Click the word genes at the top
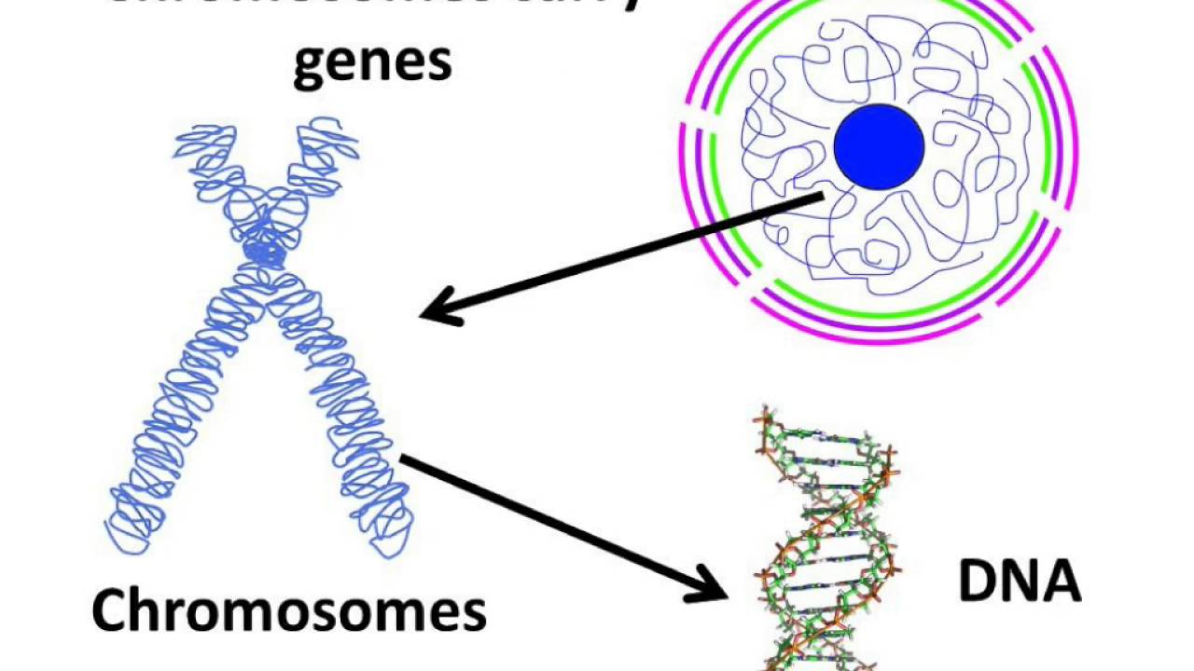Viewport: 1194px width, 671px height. [372, 62]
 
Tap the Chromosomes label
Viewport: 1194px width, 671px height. [289, 610]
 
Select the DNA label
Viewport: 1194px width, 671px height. [1020, 580]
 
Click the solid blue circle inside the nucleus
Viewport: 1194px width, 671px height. [879, 147]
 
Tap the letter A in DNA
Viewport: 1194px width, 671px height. [1061, 580]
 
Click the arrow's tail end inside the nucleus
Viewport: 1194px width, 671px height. [821, 195]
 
